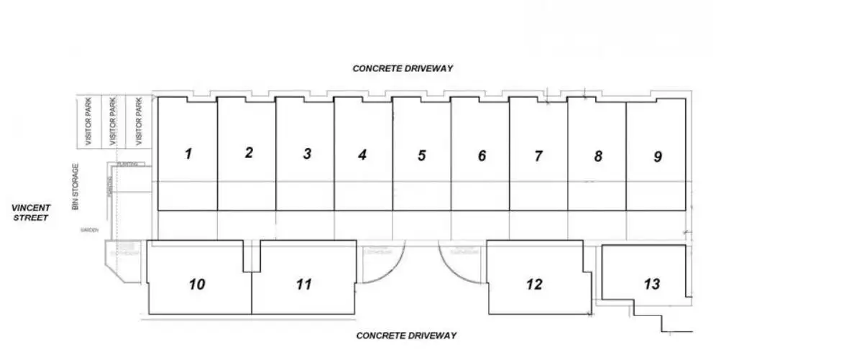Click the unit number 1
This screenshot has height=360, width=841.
[x=188, y=153]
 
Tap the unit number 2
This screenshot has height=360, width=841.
[x=249, y=152]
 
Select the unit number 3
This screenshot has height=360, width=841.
[x=307, y=154]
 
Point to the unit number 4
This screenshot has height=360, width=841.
[x=363, y=154]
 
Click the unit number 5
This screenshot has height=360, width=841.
[x=422, y=154]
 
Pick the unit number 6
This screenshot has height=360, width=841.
[x=482, y=155]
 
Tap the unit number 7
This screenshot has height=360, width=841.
[x=538, y=155]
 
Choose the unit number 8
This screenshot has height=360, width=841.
[x=598, y=156]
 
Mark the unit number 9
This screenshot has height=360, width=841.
[x=657, y=156]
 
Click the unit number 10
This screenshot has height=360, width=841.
[x=196, y=285]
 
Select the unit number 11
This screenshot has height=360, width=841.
[x=303, y=285]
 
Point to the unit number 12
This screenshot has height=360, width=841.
[x=534, y=285]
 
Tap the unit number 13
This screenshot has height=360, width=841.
[x=651, y=285]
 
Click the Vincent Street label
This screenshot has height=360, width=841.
[x=30, y=213]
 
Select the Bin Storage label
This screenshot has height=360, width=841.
[x=75, y=187]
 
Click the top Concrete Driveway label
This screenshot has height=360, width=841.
[x=403, y=68]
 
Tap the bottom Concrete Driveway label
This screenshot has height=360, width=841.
[x=407, y=336]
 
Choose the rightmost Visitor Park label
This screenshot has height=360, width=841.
[x=139, y=121]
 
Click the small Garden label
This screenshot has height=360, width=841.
[x=89, y=231]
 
